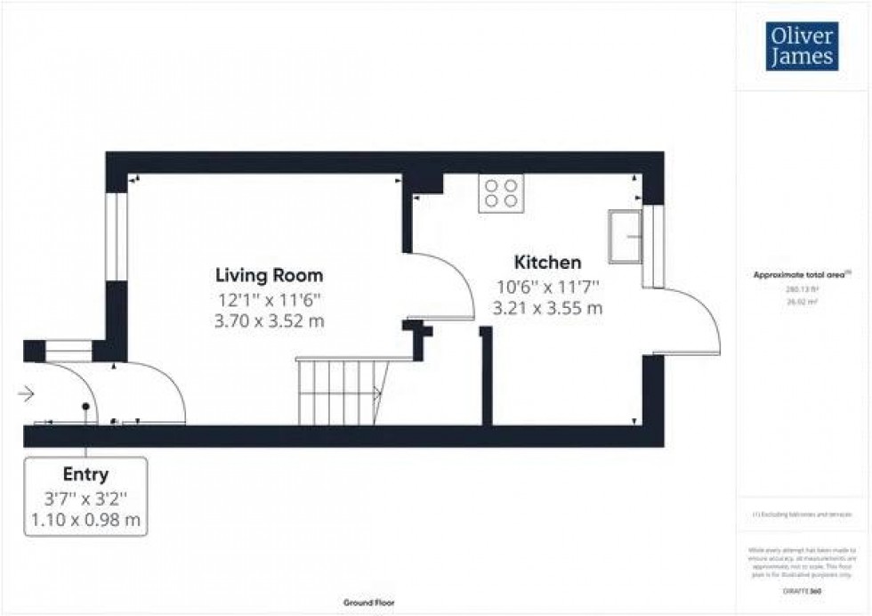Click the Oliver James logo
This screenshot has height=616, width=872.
(802, 48)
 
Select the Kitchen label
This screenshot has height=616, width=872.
(548, 263)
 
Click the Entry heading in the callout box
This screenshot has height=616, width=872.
(85, 474)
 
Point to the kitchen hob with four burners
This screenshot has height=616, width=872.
(500, 193)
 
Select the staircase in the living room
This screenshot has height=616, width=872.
(341, 391)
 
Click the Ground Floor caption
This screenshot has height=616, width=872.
(369, 603)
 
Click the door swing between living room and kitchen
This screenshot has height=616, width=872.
(441, 286)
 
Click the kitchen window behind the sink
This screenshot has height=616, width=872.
(652, 247)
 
